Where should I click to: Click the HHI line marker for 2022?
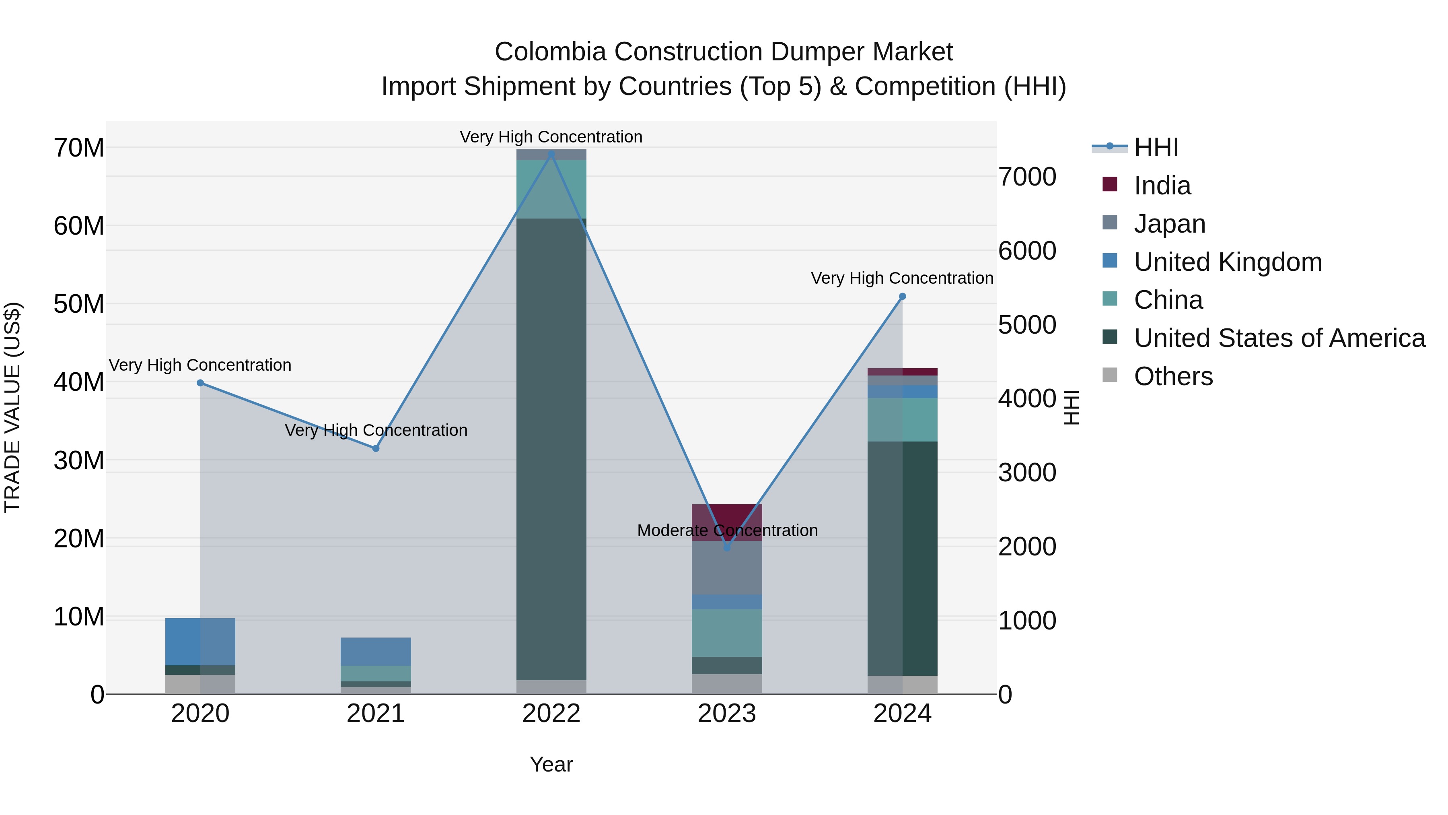click(x=551, y=154)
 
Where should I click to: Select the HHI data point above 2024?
click(x=902, y=296)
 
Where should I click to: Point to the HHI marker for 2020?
click(x=200, y=383)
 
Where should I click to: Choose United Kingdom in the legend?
click(x=1227, y=262)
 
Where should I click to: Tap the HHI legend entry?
click(x=1155, y=147)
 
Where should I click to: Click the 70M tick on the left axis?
click(x=79, y=148)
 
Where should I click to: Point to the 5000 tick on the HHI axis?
click(x=1027, y=325)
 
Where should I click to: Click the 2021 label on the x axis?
click(x=376, y=714)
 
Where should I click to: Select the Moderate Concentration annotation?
click(x=727, y=530)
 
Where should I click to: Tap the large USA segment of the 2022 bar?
click(x=551, y=450)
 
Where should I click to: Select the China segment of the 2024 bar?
click(x=902, y=420)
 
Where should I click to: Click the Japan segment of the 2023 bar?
click(x=727, y=568)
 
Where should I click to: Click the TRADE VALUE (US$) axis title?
click(x=12, y=407)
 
